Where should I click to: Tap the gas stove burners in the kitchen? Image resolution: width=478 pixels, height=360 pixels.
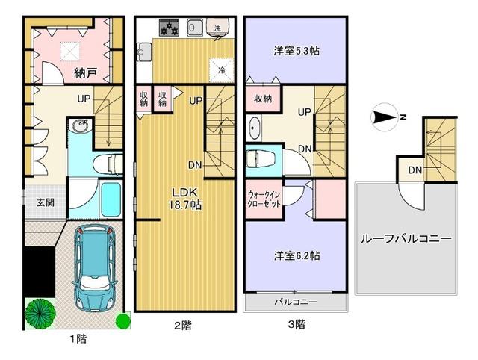point(168,28)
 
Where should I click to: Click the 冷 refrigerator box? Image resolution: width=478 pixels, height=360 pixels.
point(222,69)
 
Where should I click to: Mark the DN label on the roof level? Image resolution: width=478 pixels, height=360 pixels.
point(413,171)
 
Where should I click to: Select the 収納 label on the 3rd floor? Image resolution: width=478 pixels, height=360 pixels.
point(261,99)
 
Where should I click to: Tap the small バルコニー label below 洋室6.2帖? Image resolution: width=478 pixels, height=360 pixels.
point(296,302)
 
